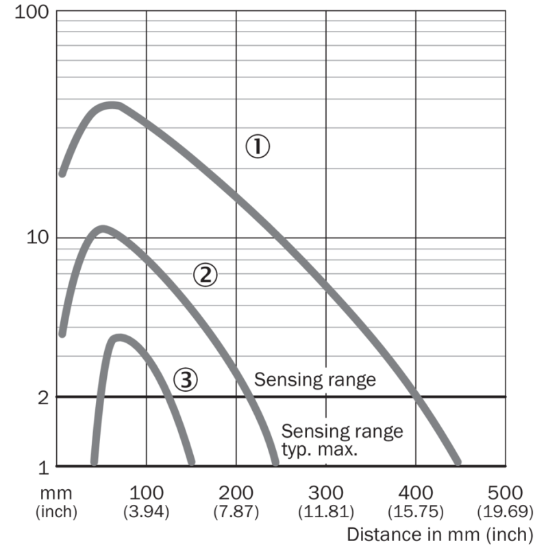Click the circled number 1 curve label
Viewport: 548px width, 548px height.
pos(258,146)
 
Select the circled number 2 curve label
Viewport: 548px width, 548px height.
pos(205,275)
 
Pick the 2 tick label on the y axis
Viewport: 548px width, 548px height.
pos(43,397)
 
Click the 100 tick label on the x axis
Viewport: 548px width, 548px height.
pos(146,493)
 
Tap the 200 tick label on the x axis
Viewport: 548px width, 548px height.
pos(236,493)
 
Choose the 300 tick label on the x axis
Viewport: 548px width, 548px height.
pos(325,493)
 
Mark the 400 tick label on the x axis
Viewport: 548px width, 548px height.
pos(416,493)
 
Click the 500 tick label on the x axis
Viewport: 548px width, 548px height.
pos(506,493)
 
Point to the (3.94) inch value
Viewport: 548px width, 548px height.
pos(146,511)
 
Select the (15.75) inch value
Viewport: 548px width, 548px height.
pos(416,511)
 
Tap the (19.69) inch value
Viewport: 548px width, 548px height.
pos(506,511)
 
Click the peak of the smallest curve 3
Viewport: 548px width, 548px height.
pos(119,337)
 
